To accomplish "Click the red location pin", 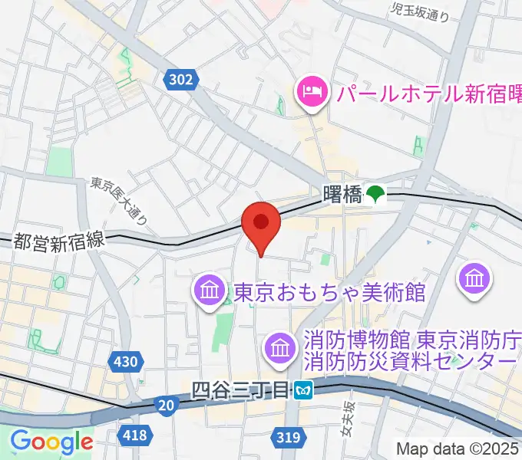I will coord(261,223).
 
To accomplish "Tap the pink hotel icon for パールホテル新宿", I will coord(311,94).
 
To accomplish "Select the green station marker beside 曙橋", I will coord(375,195).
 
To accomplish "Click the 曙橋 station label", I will coord(342,195).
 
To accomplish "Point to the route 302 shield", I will coord(182,78).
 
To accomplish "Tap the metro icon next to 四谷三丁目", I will coord(305,391).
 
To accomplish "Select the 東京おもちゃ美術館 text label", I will coord(329,293).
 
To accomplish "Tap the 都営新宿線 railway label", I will coord(58,241).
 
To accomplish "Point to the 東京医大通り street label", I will coord(118,200).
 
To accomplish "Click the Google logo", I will coord(51,442).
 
